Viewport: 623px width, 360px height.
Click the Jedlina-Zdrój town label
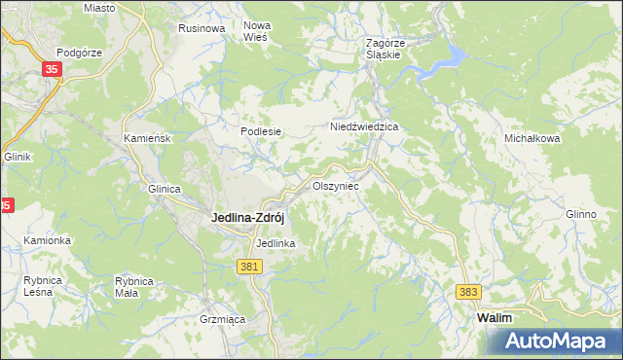[x=248, y=218]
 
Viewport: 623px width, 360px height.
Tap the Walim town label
[x=494, y=318]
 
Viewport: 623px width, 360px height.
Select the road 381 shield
[x=249, y=266]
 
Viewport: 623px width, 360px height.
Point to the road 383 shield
[x=469, y=292]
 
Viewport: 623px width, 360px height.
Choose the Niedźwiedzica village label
[x=365, y=126]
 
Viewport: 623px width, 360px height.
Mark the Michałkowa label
[x=531, y=139]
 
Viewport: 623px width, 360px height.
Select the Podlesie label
[x=261, y=131]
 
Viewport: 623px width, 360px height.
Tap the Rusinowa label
[x=202, y=29]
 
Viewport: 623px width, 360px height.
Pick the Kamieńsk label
[x=148, y=139]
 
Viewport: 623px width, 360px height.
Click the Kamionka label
[x=48, y=240]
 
